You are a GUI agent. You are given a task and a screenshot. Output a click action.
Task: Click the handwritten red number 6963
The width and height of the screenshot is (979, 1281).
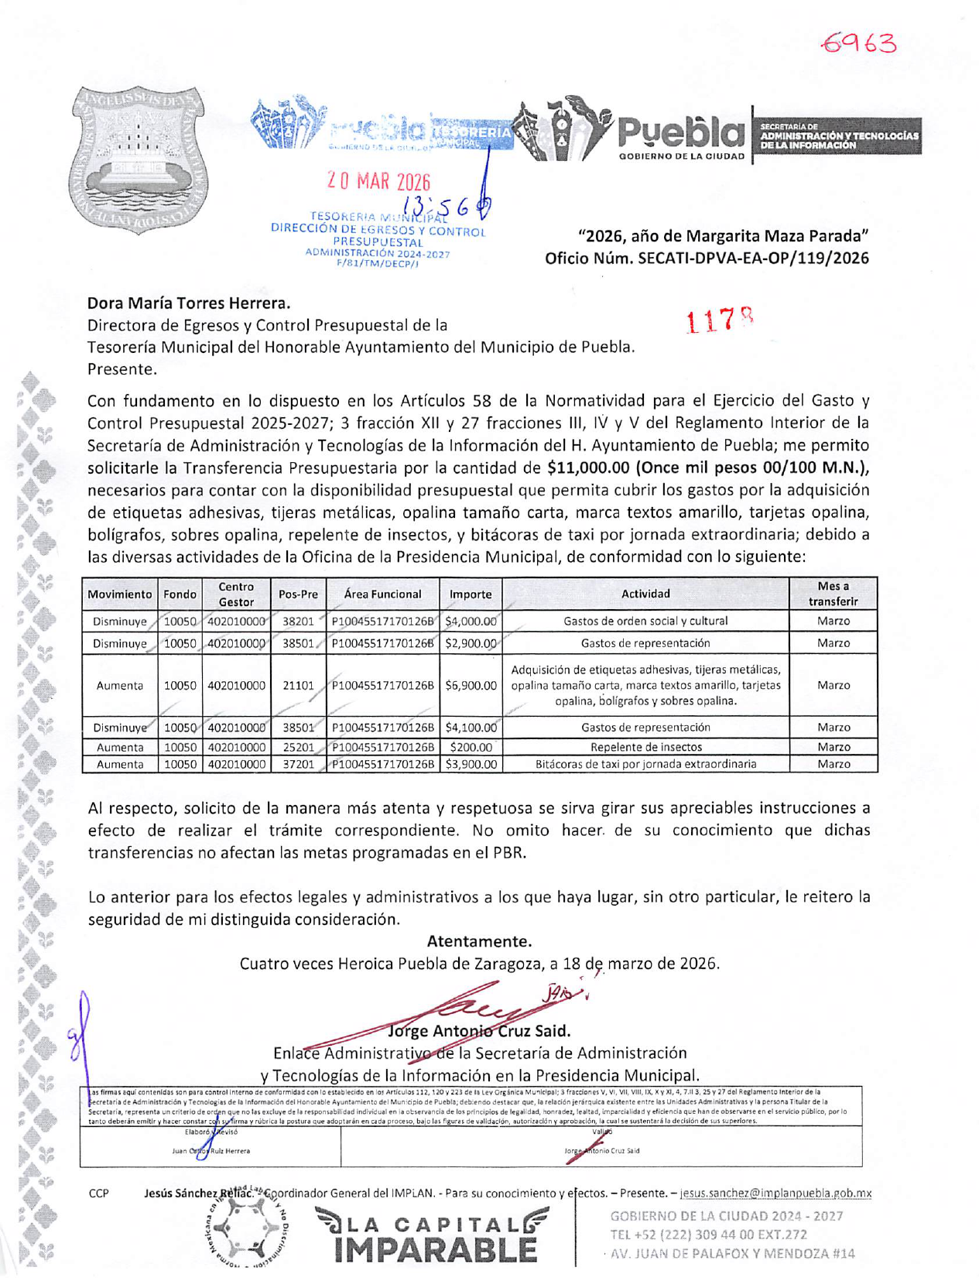(859, 43)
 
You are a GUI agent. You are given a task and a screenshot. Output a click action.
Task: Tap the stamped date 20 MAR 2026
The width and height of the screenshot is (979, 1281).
(378, 183)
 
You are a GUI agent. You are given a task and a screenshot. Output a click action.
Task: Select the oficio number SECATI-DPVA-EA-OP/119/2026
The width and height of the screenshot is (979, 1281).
(753, 258)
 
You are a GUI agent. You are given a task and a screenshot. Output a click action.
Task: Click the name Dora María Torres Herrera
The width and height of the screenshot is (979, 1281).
(188, 303)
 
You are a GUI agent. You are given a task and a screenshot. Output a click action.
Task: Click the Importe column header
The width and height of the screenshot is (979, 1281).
(471, 594)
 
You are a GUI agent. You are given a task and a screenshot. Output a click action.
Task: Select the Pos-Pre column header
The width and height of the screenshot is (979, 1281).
(298, 594)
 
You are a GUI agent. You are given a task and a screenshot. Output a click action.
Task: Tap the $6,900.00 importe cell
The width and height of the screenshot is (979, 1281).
(471, 686)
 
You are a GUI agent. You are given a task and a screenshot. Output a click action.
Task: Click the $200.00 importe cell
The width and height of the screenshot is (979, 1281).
(471, 748)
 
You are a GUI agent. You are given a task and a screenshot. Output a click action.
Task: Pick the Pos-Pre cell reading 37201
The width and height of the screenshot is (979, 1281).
(298, 765)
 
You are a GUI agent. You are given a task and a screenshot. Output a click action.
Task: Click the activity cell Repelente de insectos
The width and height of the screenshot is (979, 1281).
(645, 748)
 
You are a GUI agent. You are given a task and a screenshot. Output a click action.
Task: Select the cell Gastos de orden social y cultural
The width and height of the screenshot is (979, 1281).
(645, 622)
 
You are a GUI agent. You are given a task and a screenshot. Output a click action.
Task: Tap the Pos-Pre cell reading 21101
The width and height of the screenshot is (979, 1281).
(298, 686)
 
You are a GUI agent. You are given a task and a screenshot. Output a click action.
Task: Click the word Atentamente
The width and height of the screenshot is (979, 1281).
(479, 942)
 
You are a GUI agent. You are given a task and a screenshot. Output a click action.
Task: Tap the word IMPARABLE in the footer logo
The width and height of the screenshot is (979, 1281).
(436, 1252)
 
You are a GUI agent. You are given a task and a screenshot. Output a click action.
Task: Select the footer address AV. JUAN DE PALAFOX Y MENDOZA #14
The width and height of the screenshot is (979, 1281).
(732, 1253)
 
